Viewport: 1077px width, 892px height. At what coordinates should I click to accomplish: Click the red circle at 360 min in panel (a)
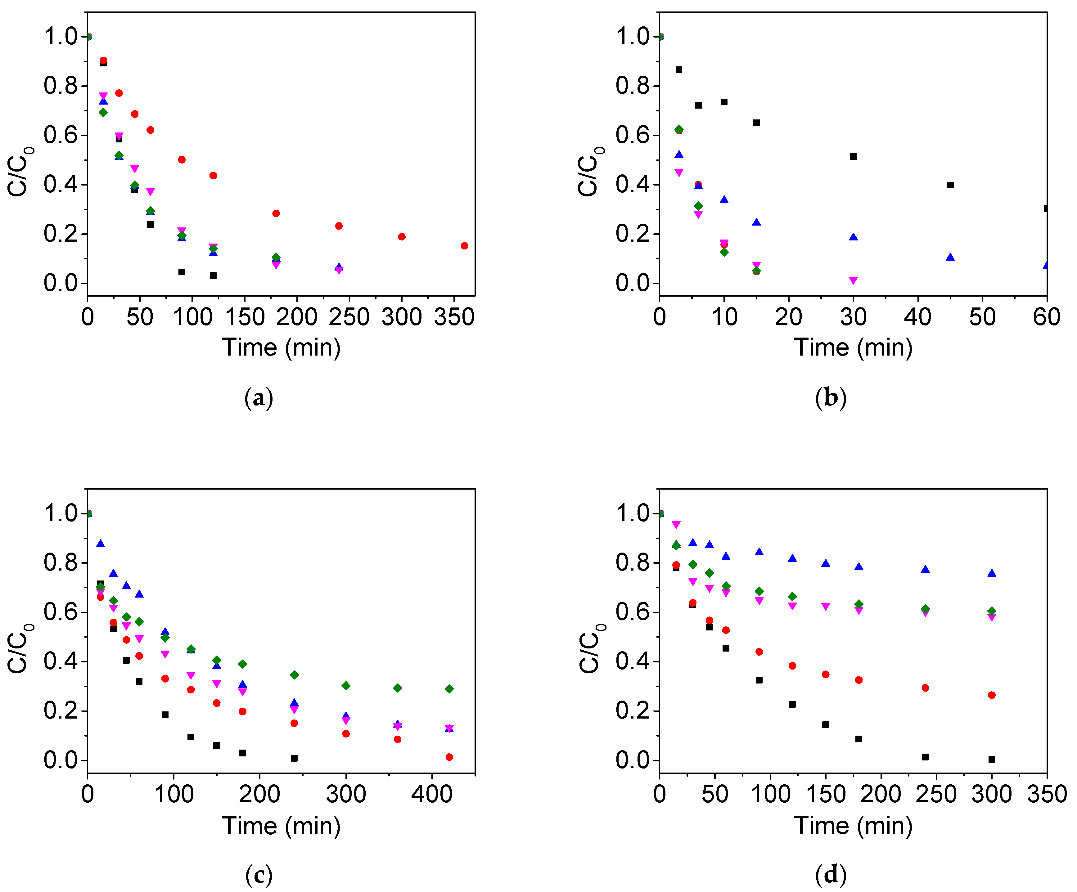tap(464, 245)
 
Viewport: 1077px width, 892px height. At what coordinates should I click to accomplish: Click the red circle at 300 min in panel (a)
tap(402, 236)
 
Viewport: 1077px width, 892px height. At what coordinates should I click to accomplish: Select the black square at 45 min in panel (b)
tap(950, 185)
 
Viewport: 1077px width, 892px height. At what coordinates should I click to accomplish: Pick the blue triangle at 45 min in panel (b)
tap(950, 257)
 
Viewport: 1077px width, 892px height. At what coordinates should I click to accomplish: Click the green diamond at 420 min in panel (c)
tap(449, 688)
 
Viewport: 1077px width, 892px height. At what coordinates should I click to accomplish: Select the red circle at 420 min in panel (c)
tap(449, 757)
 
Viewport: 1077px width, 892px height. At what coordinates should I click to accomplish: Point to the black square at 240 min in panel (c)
tap(294, 758)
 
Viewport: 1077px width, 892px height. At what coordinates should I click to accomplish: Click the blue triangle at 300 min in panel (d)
tap(991, 573)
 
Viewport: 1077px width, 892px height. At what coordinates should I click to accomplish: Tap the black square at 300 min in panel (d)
tap(991, 759)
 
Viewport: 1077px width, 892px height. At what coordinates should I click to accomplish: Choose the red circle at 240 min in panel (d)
tap(925, 688)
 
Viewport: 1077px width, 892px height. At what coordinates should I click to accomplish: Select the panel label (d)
tap(830, 875)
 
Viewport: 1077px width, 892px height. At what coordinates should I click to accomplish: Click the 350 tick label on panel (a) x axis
tap(454, 317)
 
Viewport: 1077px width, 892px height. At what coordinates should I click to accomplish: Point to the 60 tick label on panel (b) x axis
tap(1046, 317)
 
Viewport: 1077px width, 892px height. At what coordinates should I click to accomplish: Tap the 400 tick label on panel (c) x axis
tap(431, 794)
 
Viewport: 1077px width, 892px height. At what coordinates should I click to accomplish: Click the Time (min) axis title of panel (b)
tap(853, 347)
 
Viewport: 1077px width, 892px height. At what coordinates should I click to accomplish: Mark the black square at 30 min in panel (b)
tap(853, 156)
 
